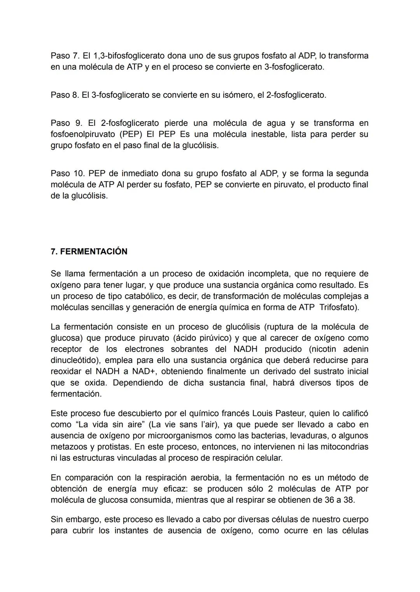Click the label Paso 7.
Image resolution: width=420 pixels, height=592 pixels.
pyautogui.click(x=65, y=56)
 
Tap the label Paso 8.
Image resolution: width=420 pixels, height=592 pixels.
pyautogui.click(x=65, y=95)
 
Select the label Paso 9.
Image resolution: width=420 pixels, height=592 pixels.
pyautogui.click(x=66, y=123)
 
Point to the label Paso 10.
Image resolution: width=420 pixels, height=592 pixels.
pyautogui.click(x=68, y=174)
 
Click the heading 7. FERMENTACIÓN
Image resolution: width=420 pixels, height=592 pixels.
pyautogui.click(x=89, y=252)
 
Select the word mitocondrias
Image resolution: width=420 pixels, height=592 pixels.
pyautogui.click(x=344, y=447)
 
